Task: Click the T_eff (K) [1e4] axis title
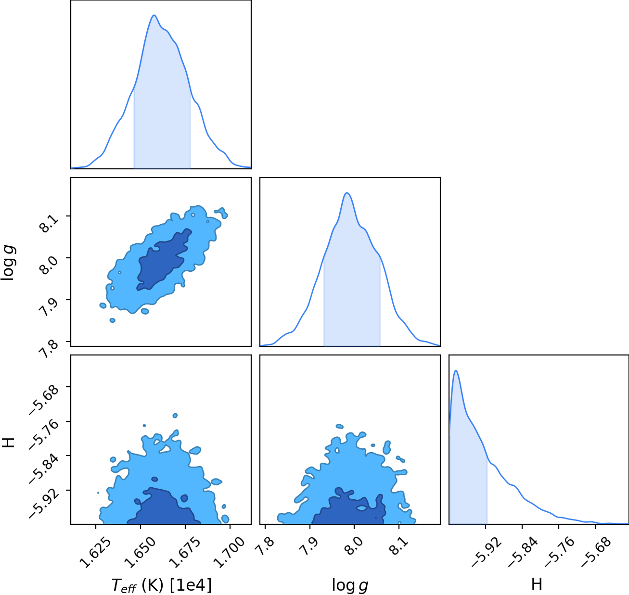point(162,585)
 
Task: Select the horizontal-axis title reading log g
point(350,585)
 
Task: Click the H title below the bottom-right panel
point(537,584)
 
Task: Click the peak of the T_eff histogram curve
point(154,15)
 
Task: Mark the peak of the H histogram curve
point(456,370)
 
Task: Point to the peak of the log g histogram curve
point(347,193)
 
